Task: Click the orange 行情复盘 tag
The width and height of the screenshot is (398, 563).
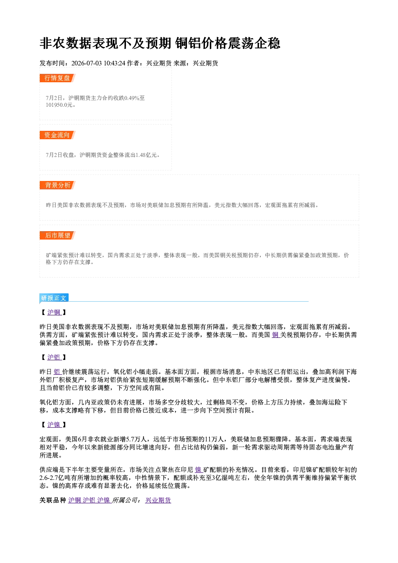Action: (57, 78)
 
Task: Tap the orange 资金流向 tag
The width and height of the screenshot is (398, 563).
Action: (57, 135)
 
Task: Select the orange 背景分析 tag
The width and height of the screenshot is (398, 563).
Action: (57, 185)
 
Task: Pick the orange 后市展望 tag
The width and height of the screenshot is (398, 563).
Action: (57, 235)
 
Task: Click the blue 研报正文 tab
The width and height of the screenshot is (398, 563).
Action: (54, 298)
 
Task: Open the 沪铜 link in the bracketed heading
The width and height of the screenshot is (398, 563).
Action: (54, 313)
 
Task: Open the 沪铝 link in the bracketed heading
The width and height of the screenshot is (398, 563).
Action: (54, 357)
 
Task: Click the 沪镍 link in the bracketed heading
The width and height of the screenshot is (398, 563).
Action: (54, 425)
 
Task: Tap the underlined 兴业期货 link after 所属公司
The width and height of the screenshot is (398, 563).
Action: (158, 500)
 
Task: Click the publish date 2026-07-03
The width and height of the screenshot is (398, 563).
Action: (86, 63)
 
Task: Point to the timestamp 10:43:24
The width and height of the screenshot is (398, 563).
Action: (114, 63)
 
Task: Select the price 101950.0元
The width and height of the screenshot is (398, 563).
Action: (61, 105)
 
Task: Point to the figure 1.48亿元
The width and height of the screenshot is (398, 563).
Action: (146, 155)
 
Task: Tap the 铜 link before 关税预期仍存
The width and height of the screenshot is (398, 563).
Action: (276, 335)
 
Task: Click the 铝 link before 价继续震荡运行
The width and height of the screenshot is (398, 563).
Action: (57, 372)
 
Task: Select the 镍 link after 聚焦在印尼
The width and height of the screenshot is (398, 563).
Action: (199, 470)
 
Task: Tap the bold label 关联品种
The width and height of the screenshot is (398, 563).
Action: (53, 500)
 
